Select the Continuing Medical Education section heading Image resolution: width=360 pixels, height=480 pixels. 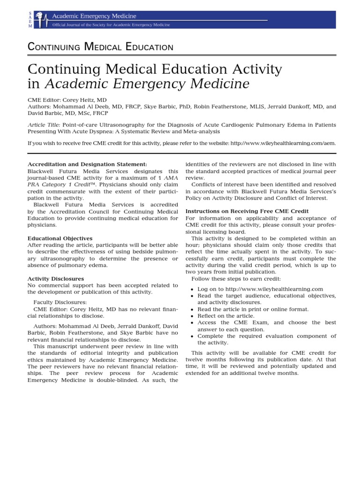click(100, 46)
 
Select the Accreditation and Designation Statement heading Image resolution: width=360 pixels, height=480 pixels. click(88, 164)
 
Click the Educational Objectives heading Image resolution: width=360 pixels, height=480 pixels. click(60, 239)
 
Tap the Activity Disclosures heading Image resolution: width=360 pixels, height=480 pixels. click(56, 278)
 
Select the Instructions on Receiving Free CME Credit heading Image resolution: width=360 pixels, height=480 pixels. click(247, 211)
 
